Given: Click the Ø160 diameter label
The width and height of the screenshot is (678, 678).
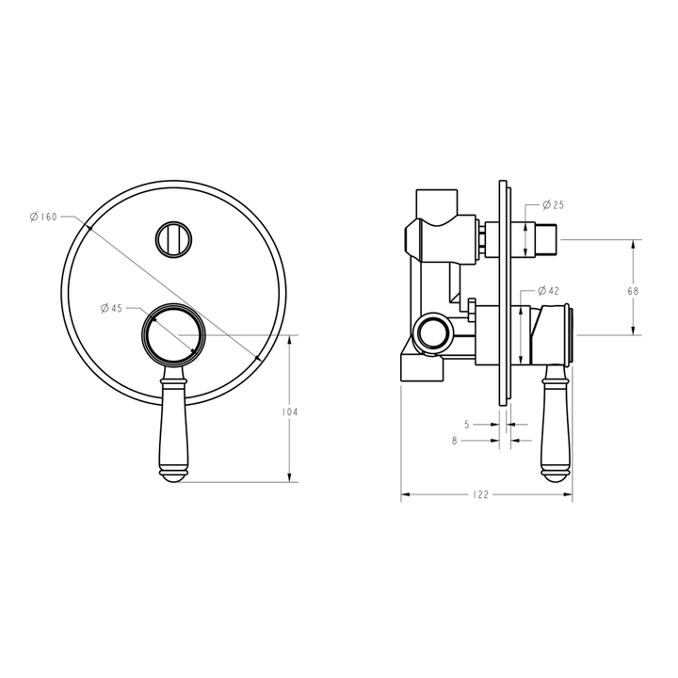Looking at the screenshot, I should click(x=44, y=218).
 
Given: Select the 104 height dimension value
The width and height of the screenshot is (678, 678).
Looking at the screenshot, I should click(x=291, y=412).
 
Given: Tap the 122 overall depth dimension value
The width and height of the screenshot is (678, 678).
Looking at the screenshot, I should click(x=481, y=495).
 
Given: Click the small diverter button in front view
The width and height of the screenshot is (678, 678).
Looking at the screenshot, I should click(x=173, y=238).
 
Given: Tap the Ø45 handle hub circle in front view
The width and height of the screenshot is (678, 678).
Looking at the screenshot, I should click(x=173, y=334).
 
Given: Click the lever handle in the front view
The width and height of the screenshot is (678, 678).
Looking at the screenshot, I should click(x=174, y=419).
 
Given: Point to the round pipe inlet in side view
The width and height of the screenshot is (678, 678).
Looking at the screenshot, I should click(x=433, y=333).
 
